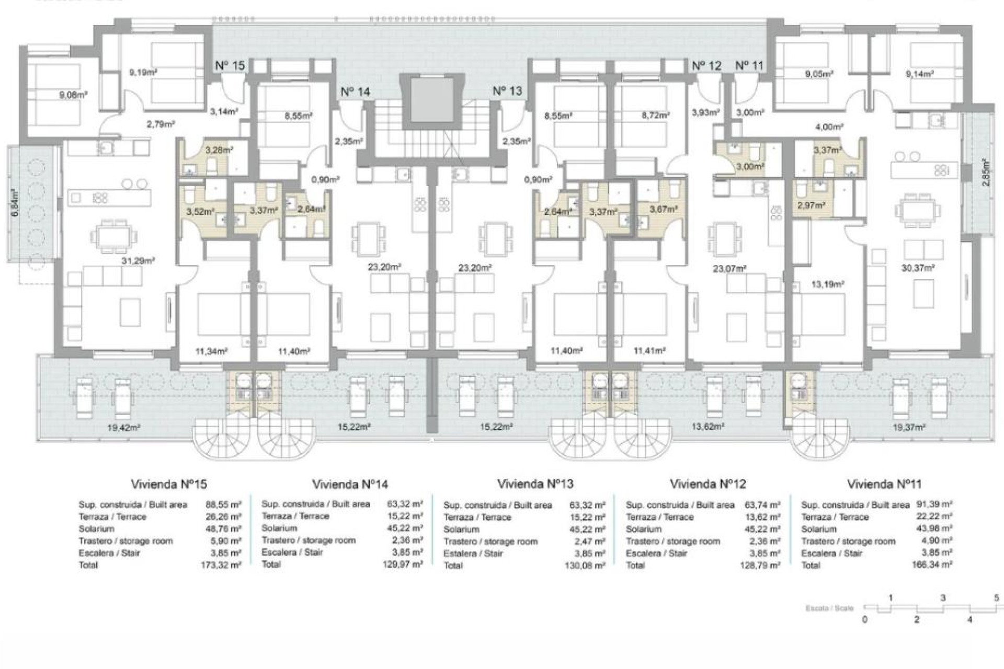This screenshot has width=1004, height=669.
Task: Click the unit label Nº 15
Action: [x=230, y=66]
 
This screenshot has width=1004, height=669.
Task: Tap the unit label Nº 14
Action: [x=355, y=92]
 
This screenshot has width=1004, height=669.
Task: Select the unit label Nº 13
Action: [x=507, y=91]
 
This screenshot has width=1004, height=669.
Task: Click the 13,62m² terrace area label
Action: [x=708, y=426]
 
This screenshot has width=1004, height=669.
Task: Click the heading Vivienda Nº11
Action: [x=884, y=484]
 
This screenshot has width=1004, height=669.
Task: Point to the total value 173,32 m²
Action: [x=221, y=565]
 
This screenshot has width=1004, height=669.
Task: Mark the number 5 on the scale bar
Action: [x=996, y=598]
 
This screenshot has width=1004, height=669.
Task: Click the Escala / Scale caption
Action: [x=829, y=608]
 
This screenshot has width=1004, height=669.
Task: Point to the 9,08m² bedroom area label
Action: [x=73, y=95]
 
